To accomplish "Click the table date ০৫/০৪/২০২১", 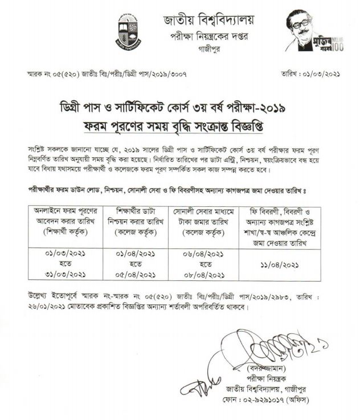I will pyautogui.click(x=136, y=274).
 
